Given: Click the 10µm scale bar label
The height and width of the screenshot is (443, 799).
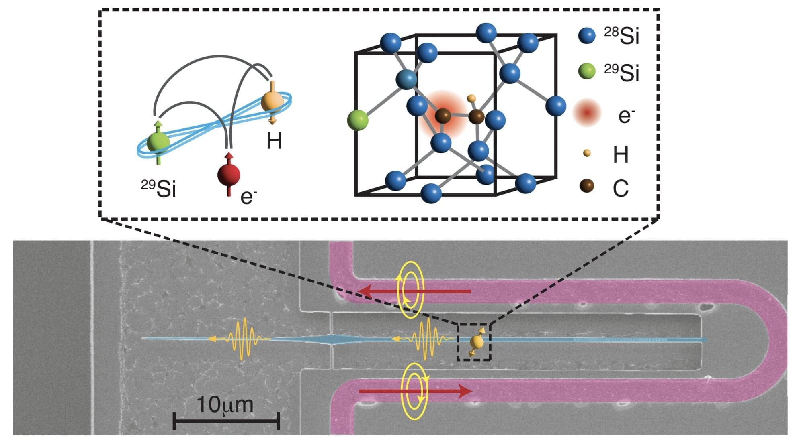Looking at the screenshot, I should tap(225, 404).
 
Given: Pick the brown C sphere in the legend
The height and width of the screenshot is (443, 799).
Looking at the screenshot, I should tap(587, 186).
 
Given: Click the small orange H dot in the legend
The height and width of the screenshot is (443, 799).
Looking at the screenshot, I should tap(587, 153).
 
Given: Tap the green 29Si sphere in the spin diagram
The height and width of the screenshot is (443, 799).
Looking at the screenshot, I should tap(158, 142).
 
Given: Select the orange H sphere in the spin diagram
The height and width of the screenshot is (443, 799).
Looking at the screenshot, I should tap(272, 102).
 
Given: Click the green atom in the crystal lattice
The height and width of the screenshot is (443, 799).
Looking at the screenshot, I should tap(357, 120).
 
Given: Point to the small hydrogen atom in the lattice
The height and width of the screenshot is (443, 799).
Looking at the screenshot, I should tap(471, 98).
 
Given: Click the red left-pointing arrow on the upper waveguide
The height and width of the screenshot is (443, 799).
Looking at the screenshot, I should tap(414, 291).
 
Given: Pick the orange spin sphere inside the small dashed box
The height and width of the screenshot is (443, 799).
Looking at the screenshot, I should tap(477, 342).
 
